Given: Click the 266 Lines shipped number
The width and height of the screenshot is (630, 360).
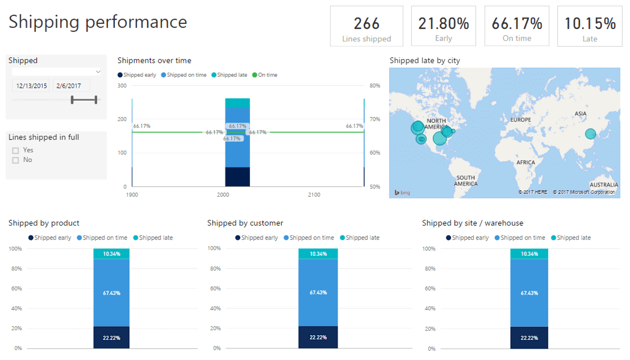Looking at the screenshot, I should tap(366, 24).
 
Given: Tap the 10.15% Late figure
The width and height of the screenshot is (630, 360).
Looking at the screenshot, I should tap(590, 24).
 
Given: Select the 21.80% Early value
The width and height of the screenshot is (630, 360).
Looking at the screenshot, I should tap(444, 24).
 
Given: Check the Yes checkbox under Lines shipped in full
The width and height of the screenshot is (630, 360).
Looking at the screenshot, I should tap(15, 151).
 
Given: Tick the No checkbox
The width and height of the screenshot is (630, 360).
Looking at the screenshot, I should tap(15, 160).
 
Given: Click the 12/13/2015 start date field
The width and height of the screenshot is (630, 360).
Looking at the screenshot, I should tap(31, 86).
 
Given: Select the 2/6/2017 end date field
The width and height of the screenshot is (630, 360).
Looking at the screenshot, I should tap(69, 86).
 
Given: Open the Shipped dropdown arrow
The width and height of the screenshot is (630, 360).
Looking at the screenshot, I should tap(98, 72).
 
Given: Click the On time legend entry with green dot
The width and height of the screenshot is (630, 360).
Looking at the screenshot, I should tap(265, 75).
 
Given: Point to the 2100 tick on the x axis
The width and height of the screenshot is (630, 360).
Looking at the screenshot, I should tap(314, 195).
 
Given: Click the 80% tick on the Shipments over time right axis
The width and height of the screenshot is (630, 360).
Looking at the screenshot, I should tap(375, 86).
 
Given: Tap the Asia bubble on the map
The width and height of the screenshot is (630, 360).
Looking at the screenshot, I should tap(590, 134).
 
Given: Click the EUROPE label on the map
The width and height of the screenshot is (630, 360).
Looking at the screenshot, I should tap(520, 120).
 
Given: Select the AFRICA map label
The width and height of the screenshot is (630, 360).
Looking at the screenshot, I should tap(525, 163).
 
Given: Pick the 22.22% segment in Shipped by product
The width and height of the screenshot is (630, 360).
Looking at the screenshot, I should tap(111, 338).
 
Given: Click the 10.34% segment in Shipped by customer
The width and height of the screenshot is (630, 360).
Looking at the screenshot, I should tap(318, 254).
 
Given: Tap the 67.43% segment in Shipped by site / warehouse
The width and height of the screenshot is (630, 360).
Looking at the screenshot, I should tap(529, 293).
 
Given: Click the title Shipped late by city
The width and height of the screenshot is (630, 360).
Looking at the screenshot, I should tap(425, 60).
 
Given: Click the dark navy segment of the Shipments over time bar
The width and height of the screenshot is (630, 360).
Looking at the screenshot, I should tap(238, 177).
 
